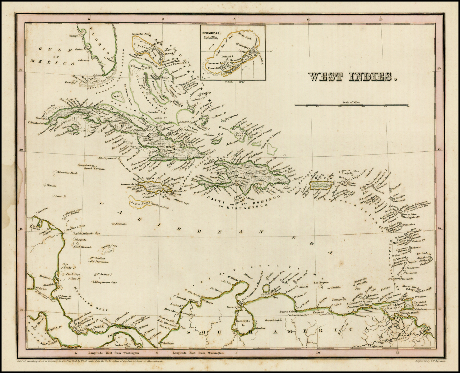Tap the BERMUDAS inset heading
(212, 32)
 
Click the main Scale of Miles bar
(351, 105)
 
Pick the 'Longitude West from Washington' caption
(114, 353)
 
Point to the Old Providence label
(99, 262)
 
